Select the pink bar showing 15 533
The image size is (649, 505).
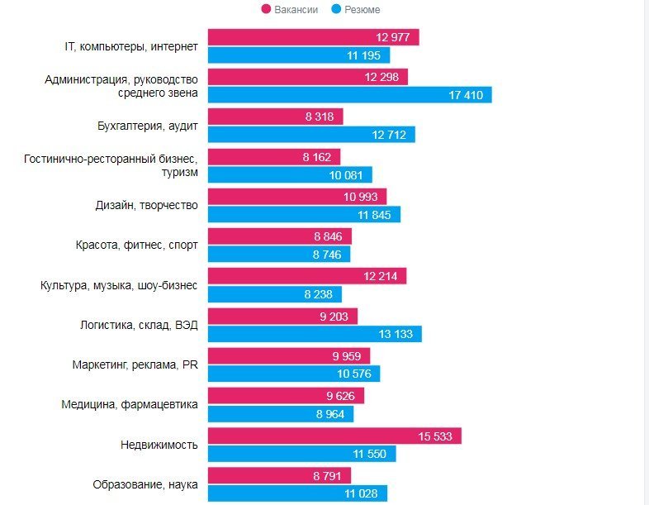[334, 435]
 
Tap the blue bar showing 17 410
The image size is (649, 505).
[349, 95]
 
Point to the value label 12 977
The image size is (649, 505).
[393, 37]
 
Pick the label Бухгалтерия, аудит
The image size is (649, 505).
[147, 126]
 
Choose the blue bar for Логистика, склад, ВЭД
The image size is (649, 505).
[314, 334]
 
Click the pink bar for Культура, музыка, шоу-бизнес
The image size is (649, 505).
[306, 276]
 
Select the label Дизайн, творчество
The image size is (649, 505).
[147, 206]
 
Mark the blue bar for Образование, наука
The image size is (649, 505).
[296, 493]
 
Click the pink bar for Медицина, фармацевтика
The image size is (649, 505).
[286, 395]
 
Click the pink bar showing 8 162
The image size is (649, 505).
[273, 156]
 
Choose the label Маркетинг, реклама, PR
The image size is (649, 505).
[135, 364]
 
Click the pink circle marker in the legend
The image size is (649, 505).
[266, 9]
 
